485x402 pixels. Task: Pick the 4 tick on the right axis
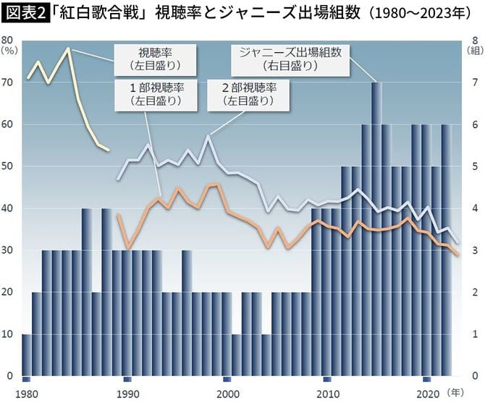point(473,209)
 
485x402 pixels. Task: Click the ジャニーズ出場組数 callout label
point(290,59)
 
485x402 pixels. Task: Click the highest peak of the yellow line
point(68,48)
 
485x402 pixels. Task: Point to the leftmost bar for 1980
point(27,355)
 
